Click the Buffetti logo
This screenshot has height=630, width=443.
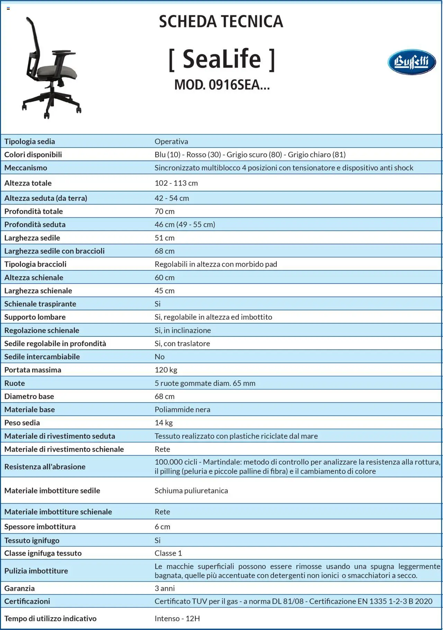[412, 62]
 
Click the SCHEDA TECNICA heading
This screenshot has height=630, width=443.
[221, 21]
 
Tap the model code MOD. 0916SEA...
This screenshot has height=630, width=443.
[222, 84]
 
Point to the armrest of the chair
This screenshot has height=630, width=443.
[64, 53]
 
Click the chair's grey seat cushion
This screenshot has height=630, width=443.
[57, 72]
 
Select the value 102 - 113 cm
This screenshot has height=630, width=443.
[176, 183]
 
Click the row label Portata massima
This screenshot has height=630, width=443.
[33, 370]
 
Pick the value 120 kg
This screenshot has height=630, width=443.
[166, 370]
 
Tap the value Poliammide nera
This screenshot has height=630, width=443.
[182, 409]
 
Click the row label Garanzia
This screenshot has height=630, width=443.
[19, 588]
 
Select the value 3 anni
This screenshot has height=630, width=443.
[165, 588]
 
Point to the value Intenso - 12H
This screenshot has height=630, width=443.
[177, 618]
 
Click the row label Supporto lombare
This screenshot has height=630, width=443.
[35, 317]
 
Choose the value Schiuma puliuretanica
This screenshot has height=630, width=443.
[191, 490]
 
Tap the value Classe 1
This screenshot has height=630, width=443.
[168, 553]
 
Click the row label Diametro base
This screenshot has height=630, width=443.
[29, 396]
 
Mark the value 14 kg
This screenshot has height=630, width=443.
[164, 423]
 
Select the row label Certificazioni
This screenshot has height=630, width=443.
[27, 601]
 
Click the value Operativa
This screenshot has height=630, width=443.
[171, 141]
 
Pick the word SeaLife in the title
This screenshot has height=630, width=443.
[222, 59]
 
